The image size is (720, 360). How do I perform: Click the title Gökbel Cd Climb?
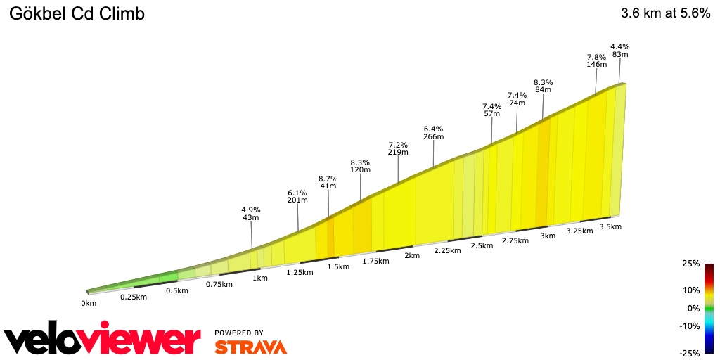point(77,14)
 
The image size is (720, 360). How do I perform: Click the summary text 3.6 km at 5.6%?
point(665,13)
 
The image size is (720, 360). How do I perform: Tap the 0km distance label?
point(88,304)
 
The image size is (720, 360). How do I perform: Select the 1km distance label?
point(260,278)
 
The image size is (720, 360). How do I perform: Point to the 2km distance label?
point(411,255)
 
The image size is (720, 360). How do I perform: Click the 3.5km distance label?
point(610,226)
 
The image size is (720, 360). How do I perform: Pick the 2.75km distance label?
point(515,240)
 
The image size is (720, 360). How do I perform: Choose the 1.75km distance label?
point(375,261)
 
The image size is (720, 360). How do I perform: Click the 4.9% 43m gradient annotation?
point(251,214)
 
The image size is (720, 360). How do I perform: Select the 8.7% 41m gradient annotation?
point(328,183)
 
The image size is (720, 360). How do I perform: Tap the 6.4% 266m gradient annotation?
point(434,133)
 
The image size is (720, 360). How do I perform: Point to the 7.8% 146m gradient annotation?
point(597,60)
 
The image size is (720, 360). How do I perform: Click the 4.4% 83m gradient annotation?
point(619,50)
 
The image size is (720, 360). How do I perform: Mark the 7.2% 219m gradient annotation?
point(398,148)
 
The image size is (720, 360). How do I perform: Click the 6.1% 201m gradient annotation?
point(297,196)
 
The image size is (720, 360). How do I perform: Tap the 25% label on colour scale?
point(690,264)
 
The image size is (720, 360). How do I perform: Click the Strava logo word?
point(250,347)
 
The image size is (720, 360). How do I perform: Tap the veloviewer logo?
point(103,340)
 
